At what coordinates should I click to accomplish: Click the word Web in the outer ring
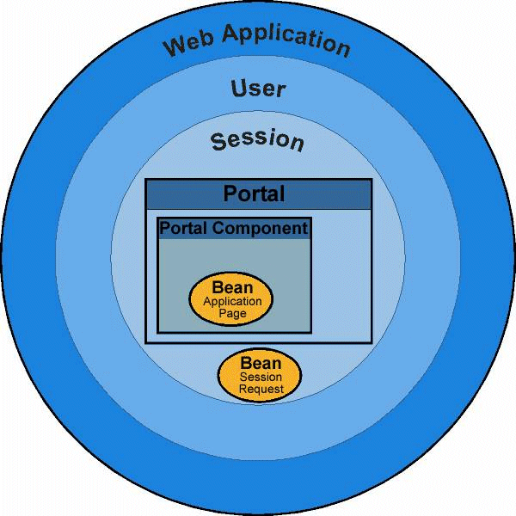pos(190,40)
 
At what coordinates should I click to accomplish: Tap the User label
pos(258,88)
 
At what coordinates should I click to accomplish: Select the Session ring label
pos(258,140)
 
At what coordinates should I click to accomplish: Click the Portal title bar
pos(258,194)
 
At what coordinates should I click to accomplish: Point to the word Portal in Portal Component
pos(184,229)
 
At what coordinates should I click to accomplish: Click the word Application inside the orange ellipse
pos(232,302)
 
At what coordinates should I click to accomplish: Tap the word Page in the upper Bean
pos(232,313)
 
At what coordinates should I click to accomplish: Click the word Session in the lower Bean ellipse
pos(261,378)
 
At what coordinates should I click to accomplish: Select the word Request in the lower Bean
pos(261,389)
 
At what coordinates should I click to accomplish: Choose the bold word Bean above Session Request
pos(261,364)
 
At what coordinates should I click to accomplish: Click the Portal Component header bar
pos(234,229)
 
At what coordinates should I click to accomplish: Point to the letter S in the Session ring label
pos(218,141)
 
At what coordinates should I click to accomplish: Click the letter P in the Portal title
pos(230,194)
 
